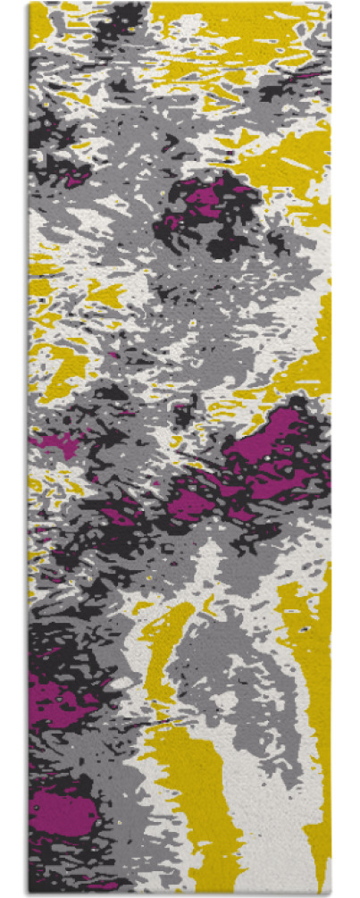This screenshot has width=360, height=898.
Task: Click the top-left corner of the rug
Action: [x=29, y=4]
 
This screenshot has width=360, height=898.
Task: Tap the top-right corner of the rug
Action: [x=330, y=4]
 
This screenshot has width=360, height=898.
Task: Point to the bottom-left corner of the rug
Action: [x=29, y=894]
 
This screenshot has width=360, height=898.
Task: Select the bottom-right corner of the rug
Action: [x=330, y=894]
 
